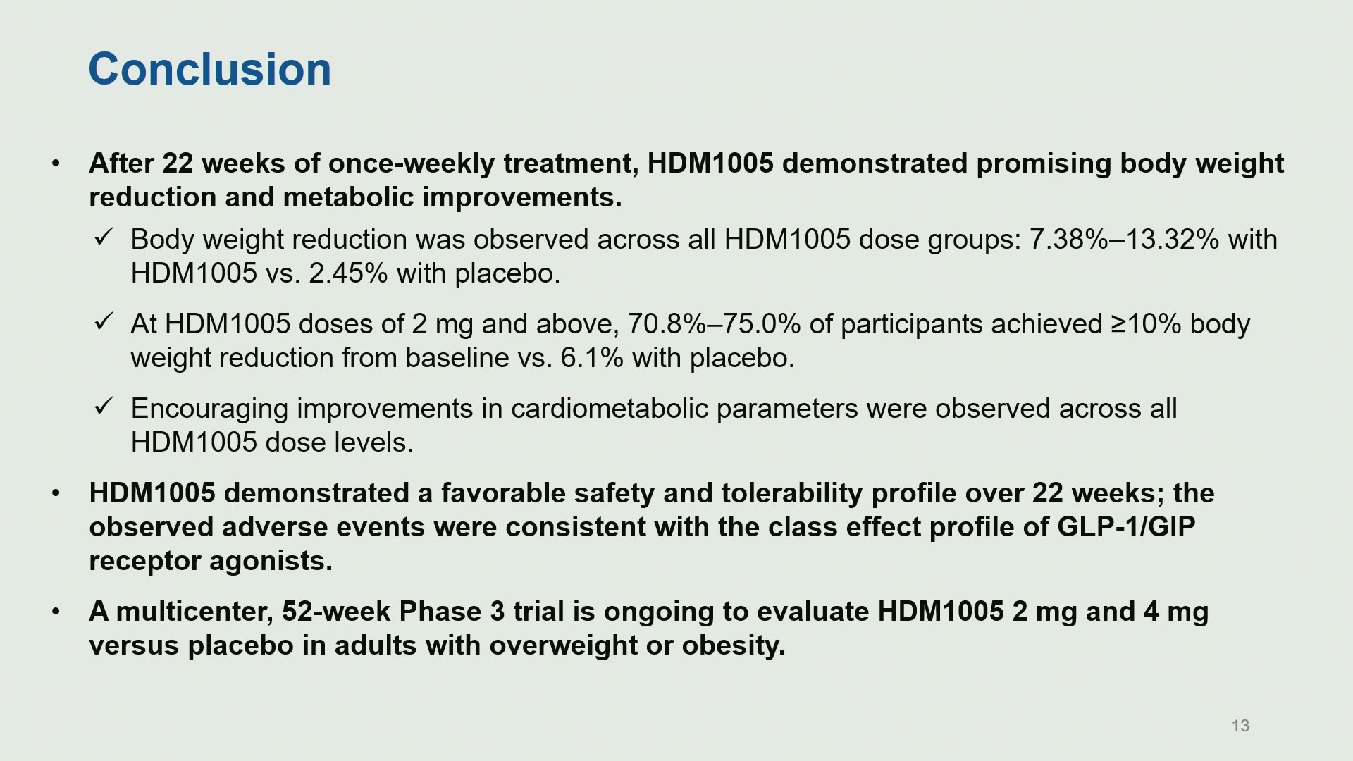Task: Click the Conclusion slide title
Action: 209,69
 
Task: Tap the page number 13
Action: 1240,726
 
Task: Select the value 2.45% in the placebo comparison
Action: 348,273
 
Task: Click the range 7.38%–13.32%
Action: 1124,240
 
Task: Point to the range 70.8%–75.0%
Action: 714,324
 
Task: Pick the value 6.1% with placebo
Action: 592,358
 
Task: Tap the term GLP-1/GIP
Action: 1126,527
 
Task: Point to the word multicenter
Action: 194,612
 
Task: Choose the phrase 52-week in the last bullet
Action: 336,612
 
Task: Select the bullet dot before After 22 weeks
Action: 56,164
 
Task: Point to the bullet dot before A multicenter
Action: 56,612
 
